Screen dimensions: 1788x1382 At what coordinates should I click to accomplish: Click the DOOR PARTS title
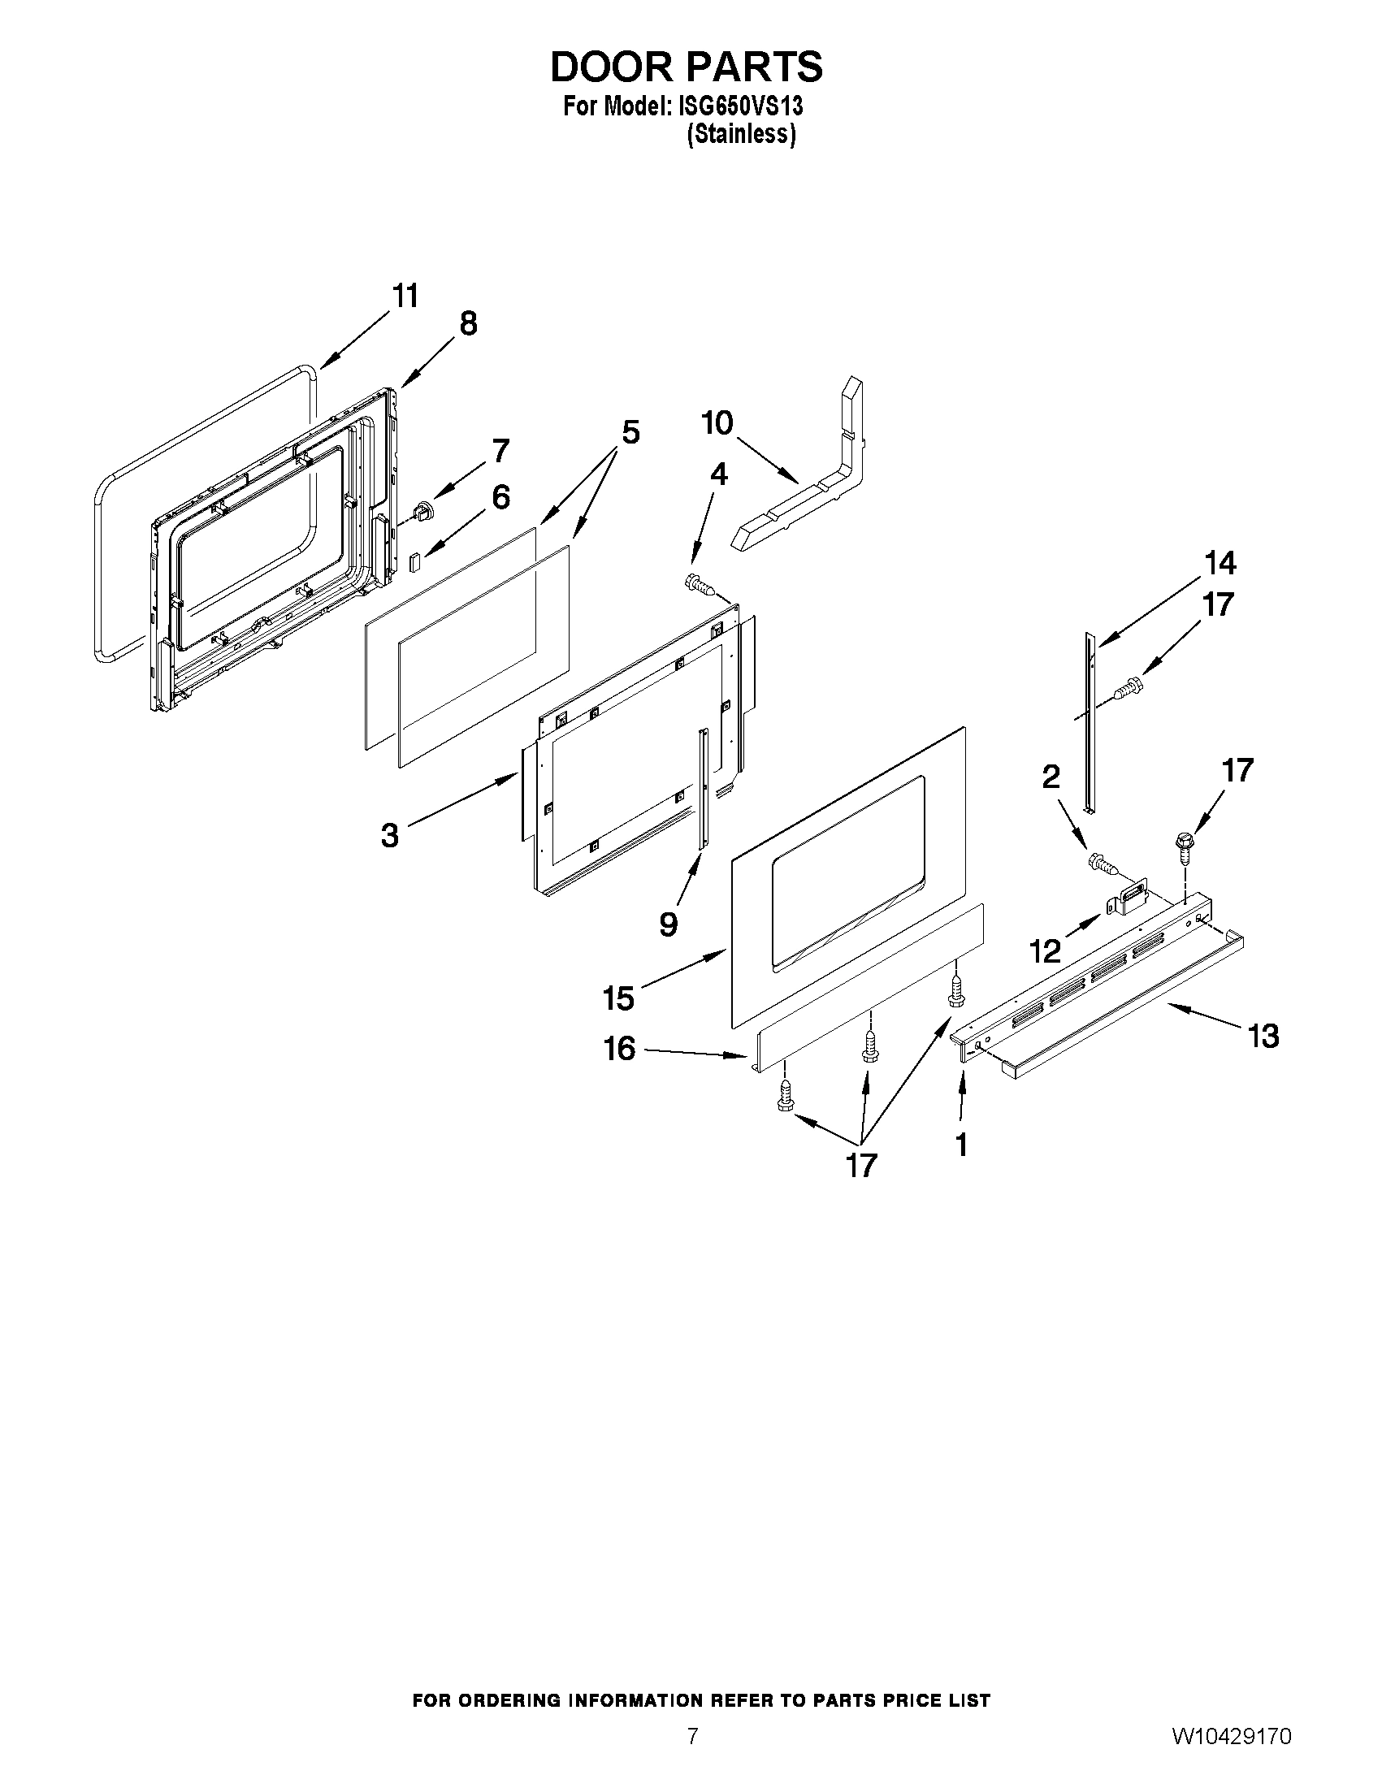686,67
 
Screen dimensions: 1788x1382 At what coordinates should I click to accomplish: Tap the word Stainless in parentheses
740,134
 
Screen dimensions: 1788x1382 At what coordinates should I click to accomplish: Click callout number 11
405,296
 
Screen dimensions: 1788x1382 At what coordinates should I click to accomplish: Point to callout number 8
467,324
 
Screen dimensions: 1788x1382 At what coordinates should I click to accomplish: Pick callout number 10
717,423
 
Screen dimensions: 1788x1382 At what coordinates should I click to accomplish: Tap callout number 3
390,835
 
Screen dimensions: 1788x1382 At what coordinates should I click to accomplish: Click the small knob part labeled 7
422,512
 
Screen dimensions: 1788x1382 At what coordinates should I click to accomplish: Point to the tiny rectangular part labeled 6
415,561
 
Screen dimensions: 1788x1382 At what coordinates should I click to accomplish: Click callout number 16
620,1048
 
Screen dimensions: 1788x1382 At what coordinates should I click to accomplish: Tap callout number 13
1263,1037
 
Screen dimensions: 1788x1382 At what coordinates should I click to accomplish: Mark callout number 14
1220,563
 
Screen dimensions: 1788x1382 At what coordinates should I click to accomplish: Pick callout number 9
668,924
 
